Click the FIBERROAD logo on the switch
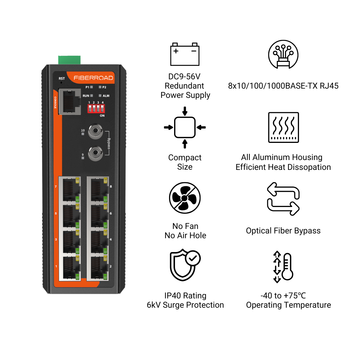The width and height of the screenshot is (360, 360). point(93,78)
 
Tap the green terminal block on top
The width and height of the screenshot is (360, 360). point(69,60)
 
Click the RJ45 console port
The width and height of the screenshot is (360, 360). point(70,102)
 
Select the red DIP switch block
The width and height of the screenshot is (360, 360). point(96,109)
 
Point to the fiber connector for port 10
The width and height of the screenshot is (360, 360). point(95,130)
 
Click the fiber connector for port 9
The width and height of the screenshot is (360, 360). point(95,153)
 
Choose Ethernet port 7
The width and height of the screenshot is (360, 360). point(70,189)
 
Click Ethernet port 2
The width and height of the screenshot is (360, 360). point(98,268)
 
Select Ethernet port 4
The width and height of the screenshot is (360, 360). point(98,242)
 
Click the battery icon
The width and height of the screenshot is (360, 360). point(185,54)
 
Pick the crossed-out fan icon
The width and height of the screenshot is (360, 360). point(185,198)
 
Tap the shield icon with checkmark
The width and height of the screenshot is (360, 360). point(185,265)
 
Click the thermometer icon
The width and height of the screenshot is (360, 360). point(283,267)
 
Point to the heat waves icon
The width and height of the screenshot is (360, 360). point(283,127)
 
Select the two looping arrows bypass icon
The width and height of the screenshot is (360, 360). point(283,199)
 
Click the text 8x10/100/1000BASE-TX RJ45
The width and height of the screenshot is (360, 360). point(283,86)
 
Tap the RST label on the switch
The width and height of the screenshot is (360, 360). point(62,78)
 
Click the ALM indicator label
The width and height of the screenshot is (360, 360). point(106,96)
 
